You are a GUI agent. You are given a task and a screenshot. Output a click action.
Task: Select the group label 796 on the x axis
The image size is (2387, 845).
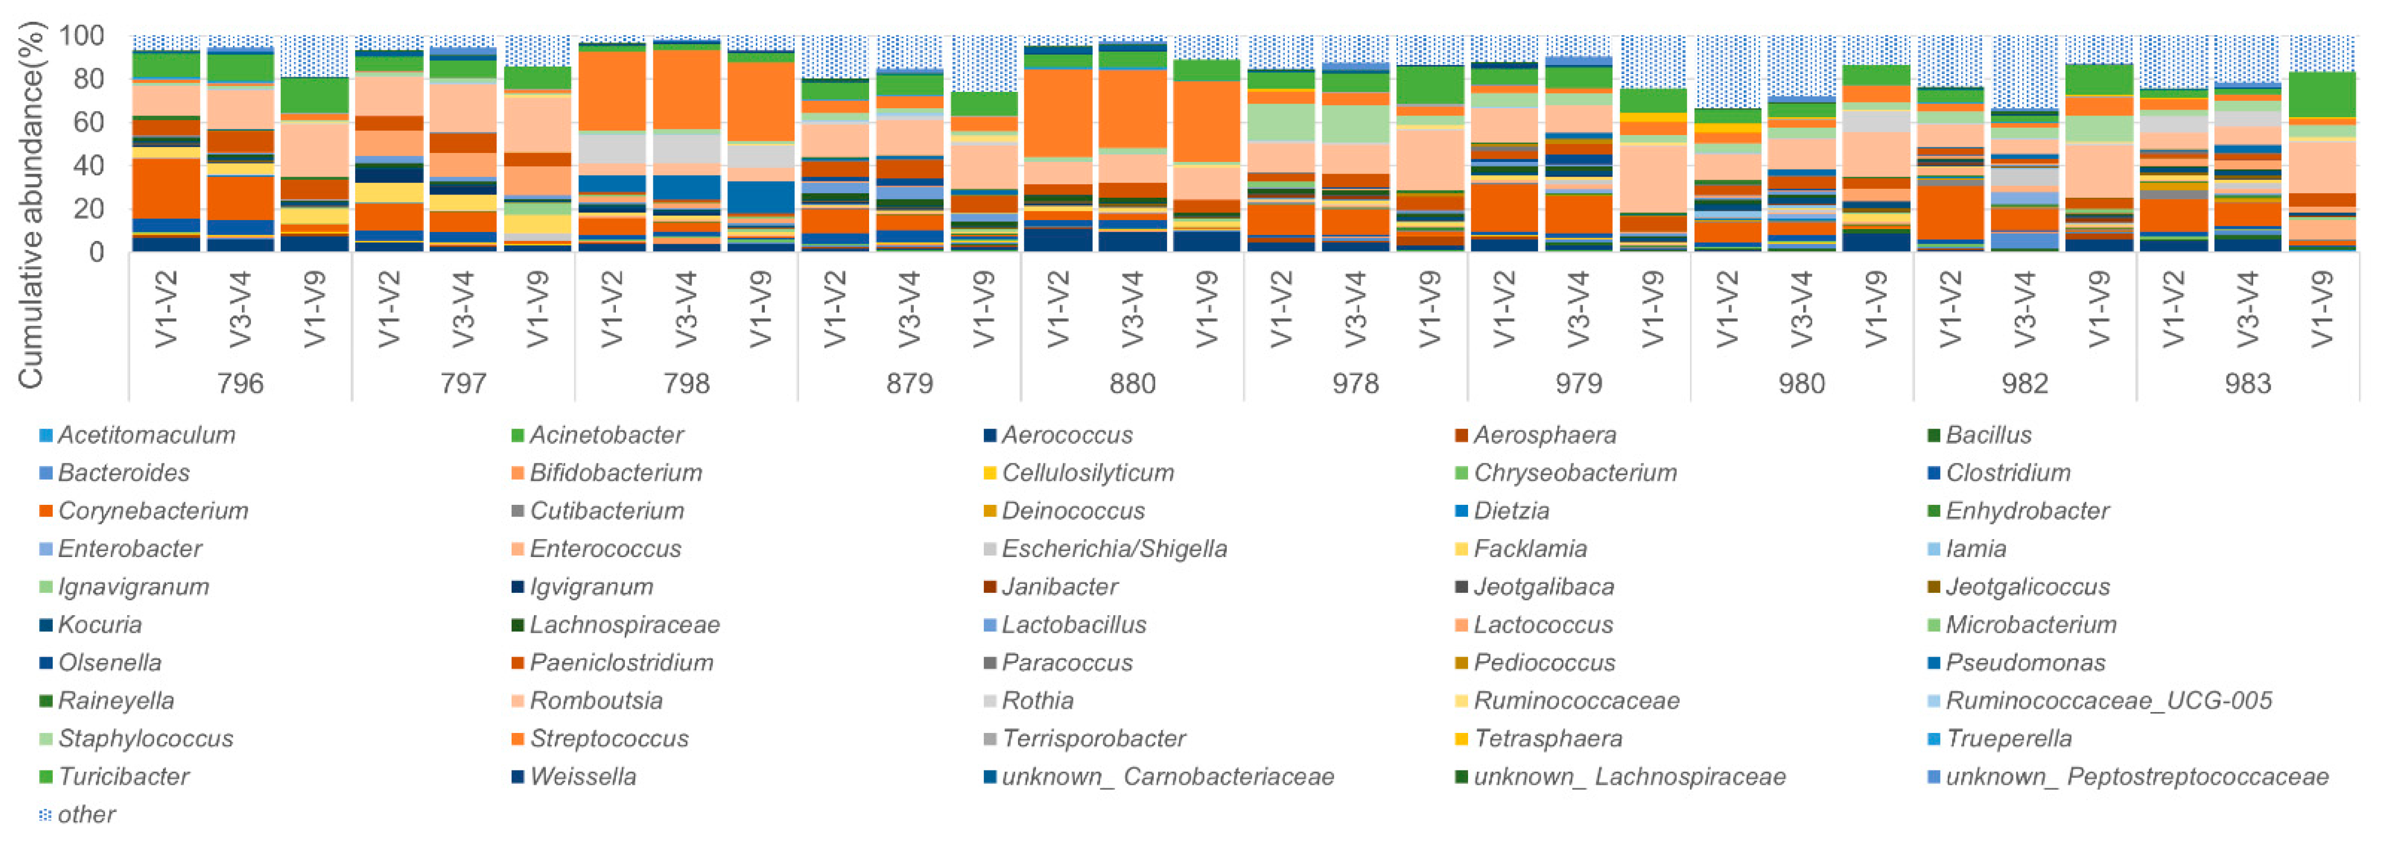click(x=240, y=384)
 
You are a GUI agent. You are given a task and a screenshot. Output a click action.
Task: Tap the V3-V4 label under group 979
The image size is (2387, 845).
click(x=1578, y=309)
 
